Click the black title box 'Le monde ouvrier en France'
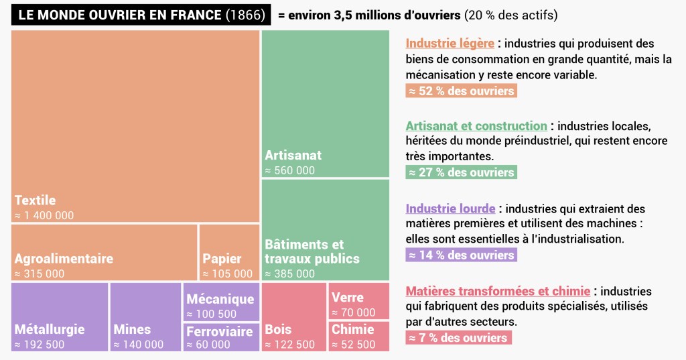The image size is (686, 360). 141,14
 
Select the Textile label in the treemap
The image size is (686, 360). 35,200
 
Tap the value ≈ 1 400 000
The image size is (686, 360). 44,216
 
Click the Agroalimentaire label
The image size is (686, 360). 64,258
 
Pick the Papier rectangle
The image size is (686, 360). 229,252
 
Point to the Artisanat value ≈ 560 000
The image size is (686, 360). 289,170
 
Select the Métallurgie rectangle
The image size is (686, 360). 60,316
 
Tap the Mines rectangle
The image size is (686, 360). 145,316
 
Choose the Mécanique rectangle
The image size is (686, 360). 221,302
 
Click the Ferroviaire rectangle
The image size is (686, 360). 221,337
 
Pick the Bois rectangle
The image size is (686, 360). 293,316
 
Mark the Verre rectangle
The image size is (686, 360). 358,301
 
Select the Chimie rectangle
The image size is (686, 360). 358,336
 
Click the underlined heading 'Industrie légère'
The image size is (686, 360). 450,44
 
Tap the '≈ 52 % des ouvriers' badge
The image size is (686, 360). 460,91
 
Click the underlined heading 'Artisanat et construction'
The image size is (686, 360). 476,126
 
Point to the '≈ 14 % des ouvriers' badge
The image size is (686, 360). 460,255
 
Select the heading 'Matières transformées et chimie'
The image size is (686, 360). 498,292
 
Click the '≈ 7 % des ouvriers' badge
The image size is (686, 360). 458,338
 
